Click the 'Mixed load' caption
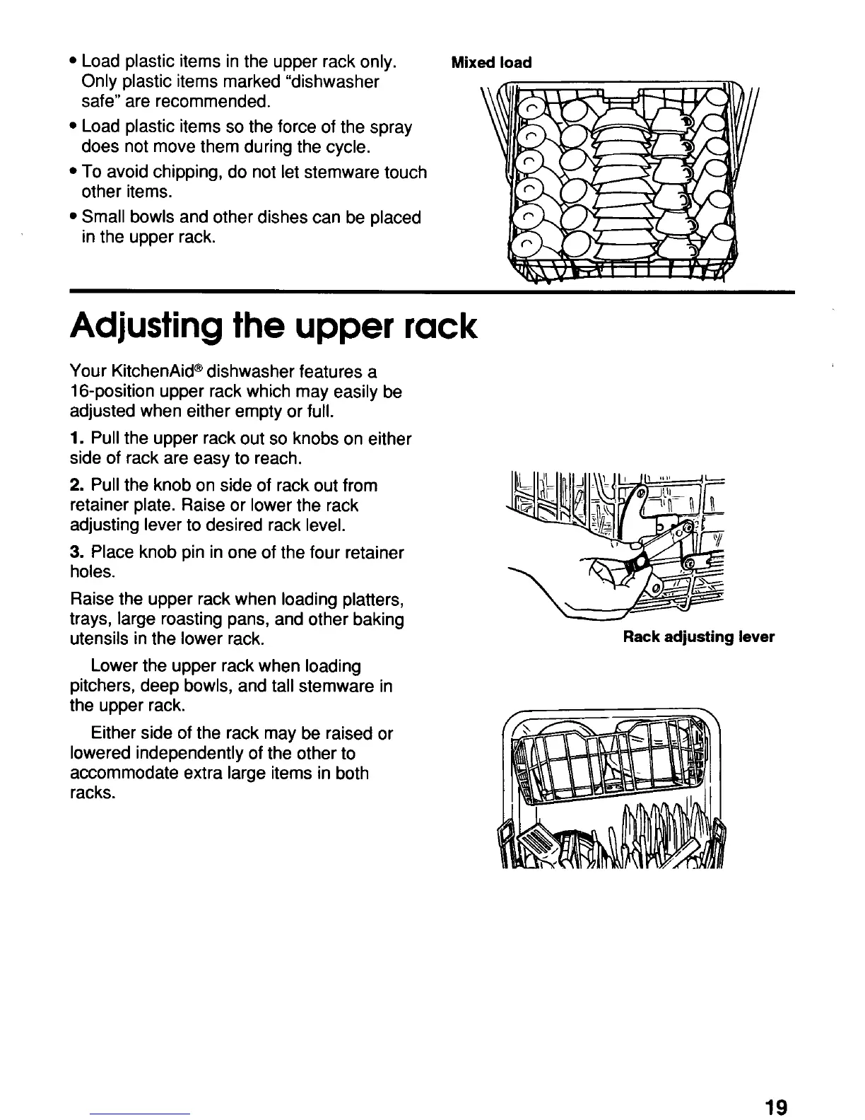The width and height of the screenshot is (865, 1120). (x=491, y=62)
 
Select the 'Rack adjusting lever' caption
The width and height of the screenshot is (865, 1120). (x=698, y=637)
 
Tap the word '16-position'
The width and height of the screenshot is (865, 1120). (x=112, y=392)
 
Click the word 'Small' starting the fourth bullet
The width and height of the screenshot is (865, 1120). (x=104, y=217)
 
